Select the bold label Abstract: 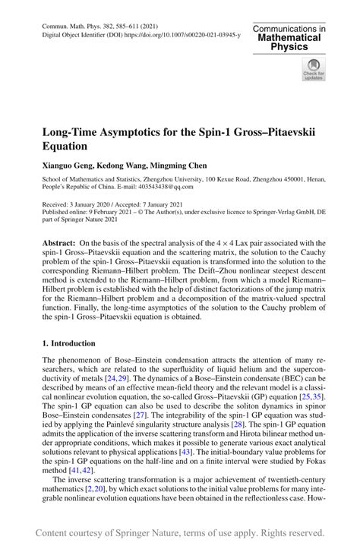62,244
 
